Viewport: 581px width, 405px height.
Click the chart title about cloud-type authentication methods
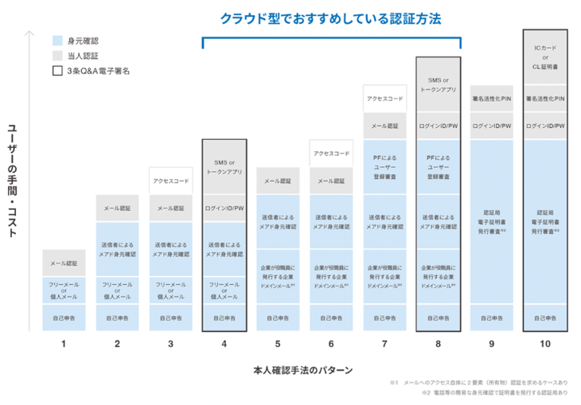(x=331, y=18)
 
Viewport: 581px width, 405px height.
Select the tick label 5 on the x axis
(x=278, y=345)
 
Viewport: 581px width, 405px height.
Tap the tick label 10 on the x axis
(x=545, y=345)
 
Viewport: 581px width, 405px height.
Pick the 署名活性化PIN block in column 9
(x=492, y=99)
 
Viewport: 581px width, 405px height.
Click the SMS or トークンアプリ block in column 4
(x=224, y=167)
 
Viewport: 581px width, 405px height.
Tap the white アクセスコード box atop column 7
(x=385, y=99)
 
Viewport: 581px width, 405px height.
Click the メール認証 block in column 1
(x=64, y=263)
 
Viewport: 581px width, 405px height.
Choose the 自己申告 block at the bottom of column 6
(x=331, y=317)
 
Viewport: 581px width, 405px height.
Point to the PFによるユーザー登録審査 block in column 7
(x=385, y=168)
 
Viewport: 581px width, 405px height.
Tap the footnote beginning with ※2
(x=494, y=393)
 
